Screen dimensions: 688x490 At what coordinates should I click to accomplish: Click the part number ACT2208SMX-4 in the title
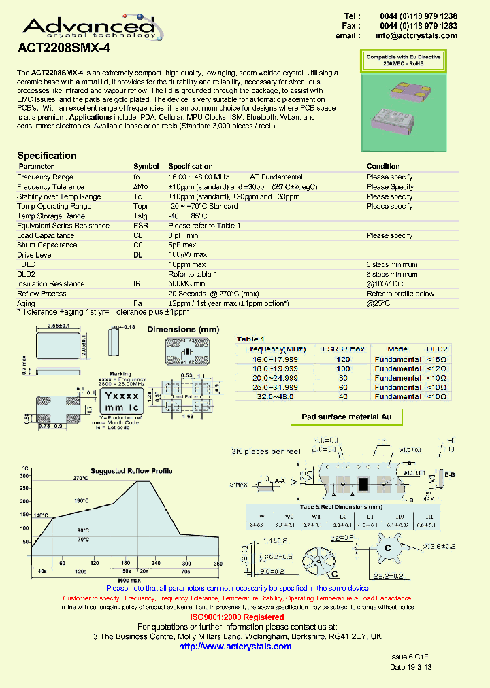pyautogui.click(x=63, y=49)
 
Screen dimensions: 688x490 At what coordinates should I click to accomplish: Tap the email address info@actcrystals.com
pyautogui.click(x=416, y=36)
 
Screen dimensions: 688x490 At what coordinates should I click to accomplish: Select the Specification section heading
pyautogui.click(x=47, y=155)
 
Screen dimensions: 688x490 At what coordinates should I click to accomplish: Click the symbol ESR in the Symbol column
pyautogui.click(x=141, y=226)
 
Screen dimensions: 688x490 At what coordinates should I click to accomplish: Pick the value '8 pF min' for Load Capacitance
pyautogui.click(x=183, y=235)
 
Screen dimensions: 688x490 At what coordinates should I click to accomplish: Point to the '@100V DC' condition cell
pyautogui.click(x=385, y=284)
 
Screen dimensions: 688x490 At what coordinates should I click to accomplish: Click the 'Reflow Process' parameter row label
pyautogui.click(x=42, y=294)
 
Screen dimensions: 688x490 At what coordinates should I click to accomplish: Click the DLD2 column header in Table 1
pyautogui.click(x=436, y=349)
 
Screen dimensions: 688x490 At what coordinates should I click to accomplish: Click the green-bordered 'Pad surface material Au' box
pyautogui.click(x=347, y=417)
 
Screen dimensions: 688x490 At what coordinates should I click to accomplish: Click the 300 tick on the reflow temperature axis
pyautogui.click(x=25, y=476)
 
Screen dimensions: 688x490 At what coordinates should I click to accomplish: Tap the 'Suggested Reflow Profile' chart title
pyautogui.click(x=131, y=470)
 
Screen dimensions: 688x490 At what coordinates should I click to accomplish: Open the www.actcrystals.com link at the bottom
pyautogui.click(x=235, y=646)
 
